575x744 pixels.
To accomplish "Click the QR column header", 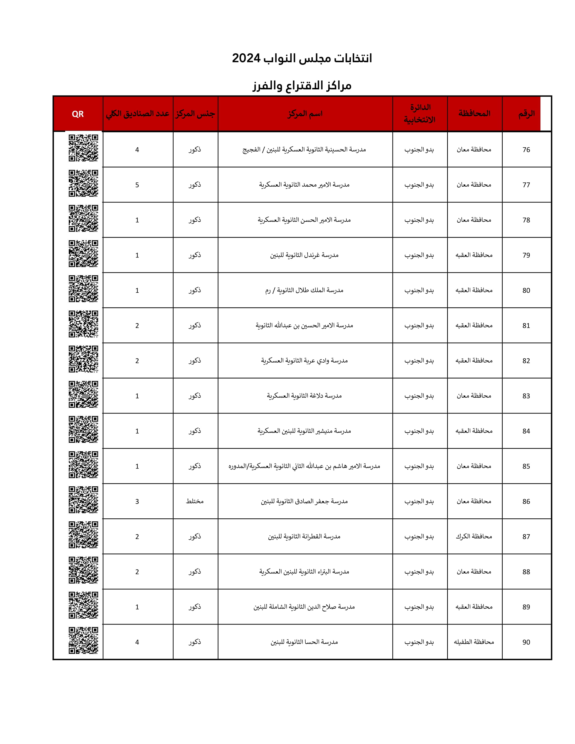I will pos(78,114).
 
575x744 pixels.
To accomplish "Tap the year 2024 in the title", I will pos(246,58).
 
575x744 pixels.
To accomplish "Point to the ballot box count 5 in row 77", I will pos(137,185).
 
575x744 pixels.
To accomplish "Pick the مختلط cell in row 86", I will pos(195,501).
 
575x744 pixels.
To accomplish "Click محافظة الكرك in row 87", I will pos(474,537).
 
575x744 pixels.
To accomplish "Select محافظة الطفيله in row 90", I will pos(474,642).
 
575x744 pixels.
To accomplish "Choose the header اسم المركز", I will pos(305,114).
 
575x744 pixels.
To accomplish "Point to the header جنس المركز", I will pos(195,114).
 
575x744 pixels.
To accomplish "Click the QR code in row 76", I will pos(83,148).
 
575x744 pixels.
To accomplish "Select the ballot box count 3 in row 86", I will pos(137,501).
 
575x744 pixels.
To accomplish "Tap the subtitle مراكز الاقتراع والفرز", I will pos(302,85).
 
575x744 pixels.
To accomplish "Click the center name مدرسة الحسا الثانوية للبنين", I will pos(304,642).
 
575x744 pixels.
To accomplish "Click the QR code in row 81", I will pos(83,324).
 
